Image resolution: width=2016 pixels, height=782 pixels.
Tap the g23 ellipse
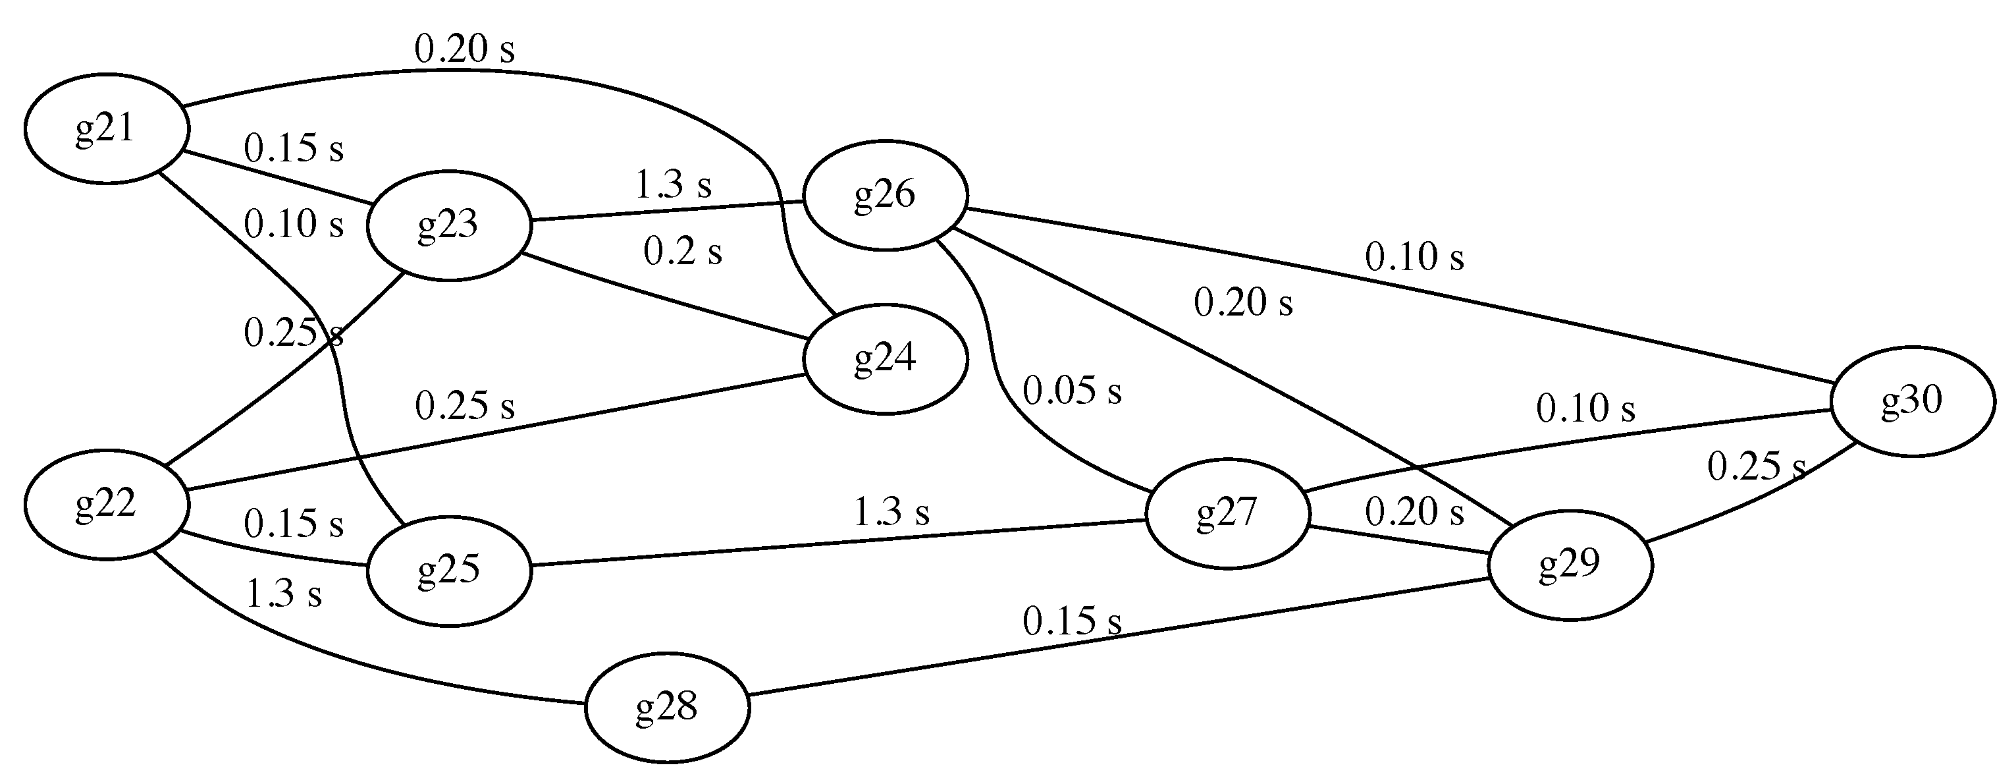pyautogui.click(x=448, y=225)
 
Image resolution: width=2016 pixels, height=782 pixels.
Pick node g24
pyautogui.click(x=885, y=358)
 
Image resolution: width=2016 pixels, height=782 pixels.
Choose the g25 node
pyautogui.click(x=448, y=571)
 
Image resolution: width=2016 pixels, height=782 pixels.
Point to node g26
pyautogui.click(x=885, y=195)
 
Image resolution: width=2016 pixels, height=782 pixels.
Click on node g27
pyautogui.click(x=1227, y=513)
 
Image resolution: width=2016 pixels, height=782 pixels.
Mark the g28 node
pyautogui.click(x=667, y=708)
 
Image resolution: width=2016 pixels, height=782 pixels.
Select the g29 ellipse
pyautogui.click(x=1570, y=565)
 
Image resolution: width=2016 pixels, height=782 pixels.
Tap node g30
pyautogui.click(x=1912, y=401)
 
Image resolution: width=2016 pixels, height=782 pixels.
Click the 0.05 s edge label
pyautogui.click(x=1072, y=391)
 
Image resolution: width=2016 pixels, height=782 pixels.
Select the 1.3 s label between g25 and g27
pyautogui.click(x=891, y=513)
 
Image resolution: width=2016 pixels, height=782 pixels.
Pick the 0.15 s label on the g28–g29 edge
pyautogui.click(x=1072, y=621)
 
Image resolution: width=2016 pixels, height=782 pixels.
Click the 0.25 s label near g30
pyautogui.click(x=1756, y=467)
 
